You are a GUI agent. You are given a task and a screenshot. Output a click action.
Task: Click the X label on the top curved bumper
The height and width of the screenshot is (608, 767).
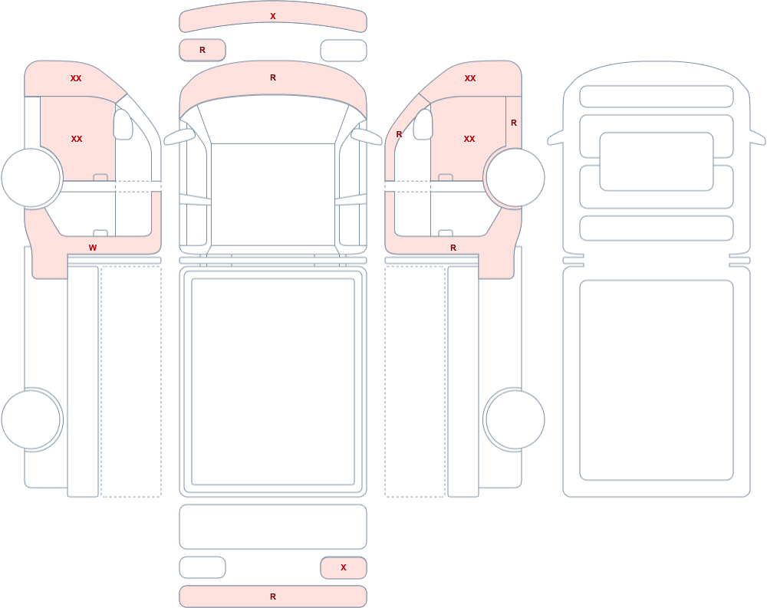pos(273,16)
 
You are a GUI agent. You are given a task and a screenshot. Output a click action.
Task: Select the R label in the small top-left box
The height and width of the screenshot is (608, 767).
pos(202,50)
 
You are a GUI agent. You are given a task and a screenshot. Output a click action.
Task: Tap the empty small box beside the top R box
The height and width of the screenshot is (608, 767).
pos(344,51)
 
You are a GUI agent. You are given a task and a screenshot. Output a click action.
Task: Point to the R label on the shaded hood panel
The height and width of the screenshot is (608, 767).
pos(273,77)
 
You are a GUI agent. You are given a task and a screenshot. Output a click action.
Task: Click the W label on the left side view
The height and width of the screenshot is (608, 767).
pos(93,248)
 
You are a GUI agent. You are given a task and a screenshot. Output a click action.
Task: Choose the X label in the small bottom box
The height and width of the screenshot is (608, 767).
pos(344,567)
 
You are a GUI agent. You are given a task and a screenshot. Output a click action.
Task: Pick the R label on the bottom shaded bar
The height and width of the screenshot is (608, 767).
pos(273,596)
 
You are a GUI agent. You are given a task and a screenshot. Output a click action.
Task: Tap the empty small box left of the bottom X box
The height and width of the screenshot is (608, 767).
pos(202,567)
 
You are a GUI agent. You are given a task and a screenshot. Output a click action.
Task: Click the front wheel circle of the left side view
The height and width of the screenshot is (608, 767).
pos(31,178)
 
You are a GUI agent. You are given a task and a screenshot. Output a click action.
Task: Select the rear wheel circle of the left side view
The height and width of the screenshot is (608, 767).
pos(31,419)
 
